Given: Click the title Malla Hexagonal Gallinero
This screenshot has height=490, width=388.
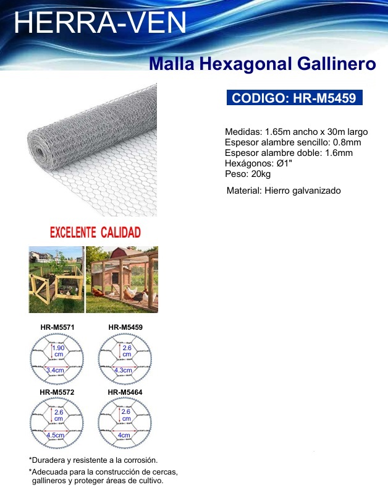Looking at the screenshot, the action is (262, 64).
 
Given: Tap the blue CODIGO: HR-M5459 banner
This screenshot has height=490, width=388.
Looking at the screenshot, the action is (294, 98).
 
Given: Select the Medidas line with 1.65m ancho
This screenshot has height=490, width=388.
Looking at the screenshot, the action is (296, 132).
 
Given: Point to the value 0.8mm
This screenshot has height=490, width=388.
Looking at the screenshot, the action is (347, 142).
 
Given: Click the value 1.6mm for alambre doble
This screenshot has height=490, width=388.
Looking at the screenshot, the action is (339, 153).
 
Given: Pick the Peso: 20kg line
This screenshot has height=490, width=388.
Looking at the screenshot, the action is (248, 174).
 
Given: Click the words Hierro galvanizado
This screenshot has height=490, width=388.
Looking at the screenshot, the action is (303, 191).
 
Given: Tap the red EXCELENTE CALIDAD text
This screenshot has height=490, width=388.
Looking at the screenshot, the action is (95, 233).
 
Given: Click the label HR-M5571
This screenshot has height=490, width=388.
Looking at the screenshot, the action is (57, 327).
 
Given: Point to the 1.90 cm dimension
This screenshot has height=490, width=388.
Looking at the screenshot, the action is (58, 351).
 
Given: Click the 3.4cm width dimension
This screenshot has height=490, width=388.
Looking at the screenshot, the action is (55, 371).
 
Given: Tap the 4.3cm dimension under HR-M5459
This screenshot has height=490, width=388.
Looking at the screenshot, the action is (123, 371).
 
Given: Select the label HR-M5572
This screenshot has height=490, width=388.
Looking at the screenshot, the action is (57, 392).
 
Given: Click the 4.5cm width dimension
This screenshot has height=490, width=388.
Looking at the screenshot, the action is (55, 435).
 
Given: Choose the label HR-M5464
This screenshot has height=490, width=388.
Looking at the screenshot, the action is (125, 392).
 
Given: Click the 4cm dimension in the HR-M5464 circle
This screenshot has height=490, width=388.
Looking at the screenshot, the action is (124, 435).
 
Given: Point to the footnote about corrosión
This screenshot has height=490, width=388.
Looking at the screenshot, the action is (93, 460).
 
